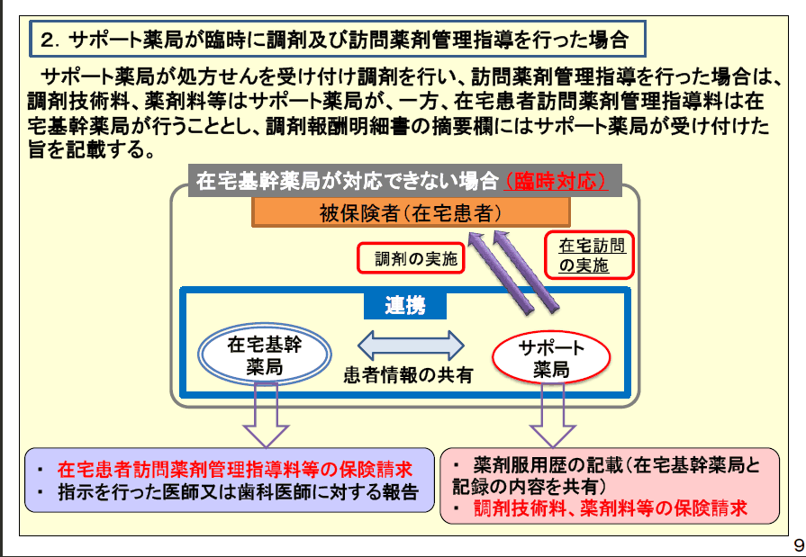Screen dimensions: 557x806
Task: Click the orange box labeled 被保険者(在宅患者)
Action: [x=410, y=212]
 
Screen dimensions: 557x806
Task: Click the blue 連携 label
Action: [x=405, y=305]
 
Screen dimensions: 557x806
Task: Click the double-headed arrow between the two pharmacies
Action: [x=411, y=345]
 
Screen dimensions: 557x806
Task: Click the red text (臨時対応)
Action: [x=555, y=181]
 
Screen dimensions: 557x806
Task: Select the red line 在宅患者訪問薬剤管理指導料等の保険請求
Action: [x=234, y=469]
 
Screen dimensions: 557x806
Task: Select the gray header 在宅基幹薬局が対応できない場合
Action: [x=347, y=181]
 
